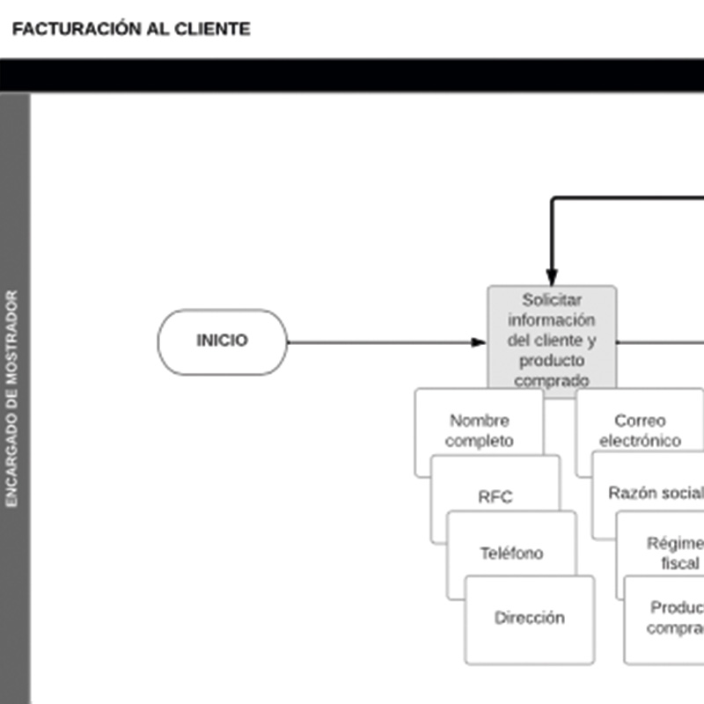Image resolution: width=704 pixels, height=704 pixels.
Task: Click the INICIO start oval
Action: click(223, 341)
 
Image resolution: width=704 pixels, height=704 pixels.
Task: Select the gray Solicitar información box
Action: click(552, 339)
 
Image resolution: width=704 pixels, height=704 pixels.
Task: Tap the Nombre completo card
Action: click(479, 430)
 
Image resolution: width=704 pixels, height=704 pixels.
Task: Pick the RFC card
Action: click(495, 497)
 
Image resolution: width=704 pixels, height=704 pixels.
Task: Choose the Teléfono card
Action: click(511, 554)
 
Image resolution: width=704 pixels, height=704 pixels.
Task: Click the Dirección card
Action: click(529, 619)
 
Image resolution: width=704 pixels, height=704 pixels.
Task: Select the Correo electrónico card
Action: click(640, 430)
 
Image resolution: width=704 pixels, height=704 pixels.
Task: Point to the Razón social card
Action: click(655, 493)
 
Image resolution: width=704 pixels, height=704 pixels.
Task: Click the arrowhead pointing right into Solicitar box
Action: click(479, 342)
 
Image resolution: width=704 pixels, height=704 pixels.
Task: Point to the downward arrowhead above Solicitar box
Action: click(552, 277)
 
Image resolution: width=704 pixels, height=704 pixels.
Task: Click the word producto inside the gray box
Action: click(552, 361)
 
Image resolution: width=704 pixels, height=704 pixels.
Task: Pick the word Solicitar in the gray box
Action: click(552, 300)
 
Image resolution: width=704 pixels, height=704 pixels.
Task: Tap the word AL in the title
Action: click(158, 29)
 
